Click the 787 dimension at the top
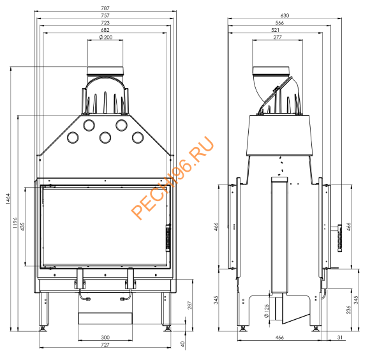click(x=105, y=7)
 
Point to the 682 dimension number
click(x=105, y=30)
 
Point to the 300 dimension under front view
click(x=105, y=337)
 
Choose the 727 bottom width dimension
click(x=105, y=345)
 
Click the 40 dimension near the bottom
click(x=183, y=344)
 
